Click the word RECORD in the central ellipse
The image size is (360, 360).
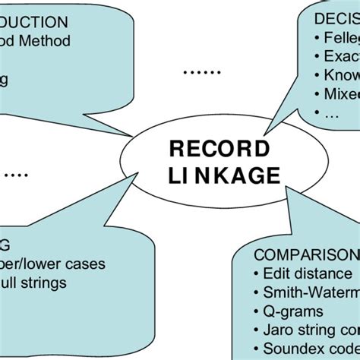(x=219, y=147)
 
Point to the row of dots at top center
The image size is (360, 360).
(x=202, y=71)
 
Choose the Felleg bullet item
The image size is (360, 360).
(x=337, y=37)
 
